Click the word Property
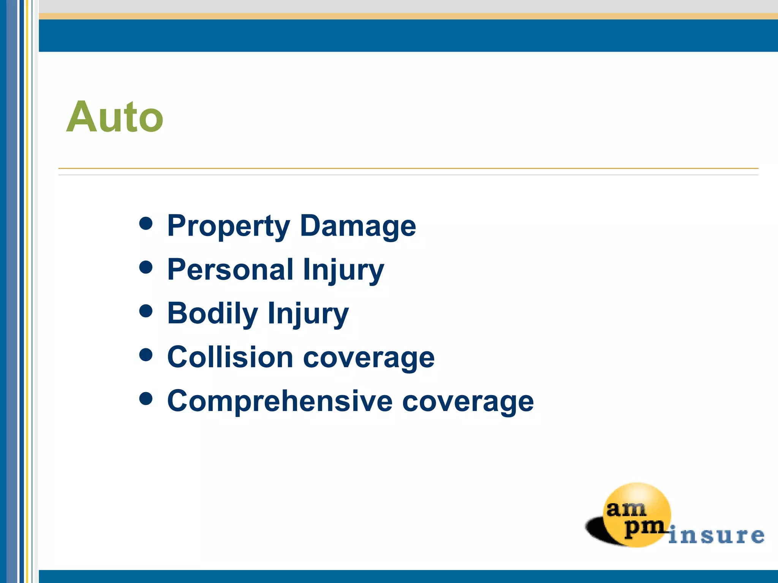tap(229, 226)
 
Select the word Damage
tap(358, 226)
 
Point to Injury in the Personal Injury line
tap(343, 270)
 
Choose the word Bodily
tap(213, 314)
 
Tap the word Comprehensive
tap(280, 401)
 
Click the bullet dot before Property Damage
tap(146, 224)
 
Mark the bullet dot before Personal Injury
tap(146, 267)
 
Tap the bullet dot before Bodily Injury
tap(146, 311)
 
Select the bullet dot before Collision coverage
tap(146, 355)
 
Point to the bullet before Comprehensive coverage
tap(146, 399)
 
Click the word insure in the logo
tap(716, 536)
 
